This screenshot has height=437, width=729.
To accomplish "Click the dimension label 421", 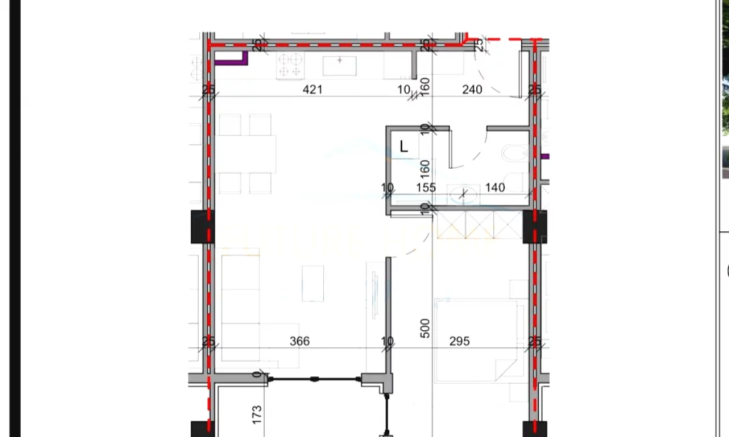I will pos(312,90).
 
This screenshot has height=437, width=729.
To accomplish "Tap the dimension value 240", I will pos(472,90).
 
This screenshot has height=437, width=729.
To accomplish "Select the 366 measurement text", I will pos(299,342).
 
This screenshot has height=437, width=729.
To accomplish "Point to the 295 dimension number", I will pos(459,342).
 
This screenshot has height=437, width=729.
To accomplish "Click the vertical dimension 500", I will pos(425,328).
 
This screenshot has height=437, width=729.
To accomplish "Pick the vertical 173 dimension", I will pos(258,415).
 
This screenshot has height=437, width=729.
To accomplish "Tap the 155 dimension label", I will pos(426,188).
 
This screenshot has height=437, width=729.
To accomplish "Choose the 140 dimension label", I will pos(495,188).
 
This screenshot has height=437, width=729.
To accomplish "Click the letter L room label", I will pos(404,147).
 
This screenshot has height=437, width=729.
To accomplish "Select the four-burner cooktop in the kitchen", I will pos(290,66).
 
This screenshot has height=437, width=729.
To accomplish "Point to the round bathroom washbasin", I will pos(464,194).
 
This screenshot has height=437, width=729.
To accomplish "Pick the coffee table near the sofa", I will pos(313,283).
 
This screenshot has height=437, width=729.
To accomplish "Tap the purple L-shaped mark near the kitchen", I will pos(233,59).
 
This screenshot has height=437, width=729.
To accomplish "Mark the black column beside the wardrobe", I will pos(535,226).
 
